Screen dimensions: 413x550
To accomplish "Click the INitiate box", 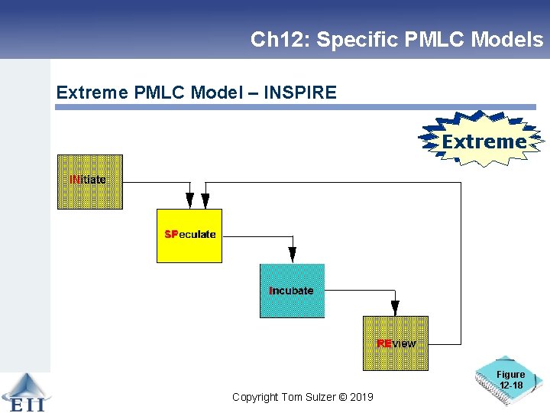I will click(89, 182).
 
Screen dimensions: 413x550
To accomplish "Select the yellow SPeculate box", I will click(189, 236).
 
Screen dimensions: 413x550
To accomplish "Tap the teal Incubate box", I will click(292, 291).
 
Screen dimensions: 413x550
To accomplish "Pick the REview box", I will click(396, 343).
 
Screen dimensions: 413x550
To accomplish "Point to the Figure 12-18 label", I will click(510, 379).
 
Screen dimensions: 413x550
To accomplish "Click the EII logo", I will click(23, 393).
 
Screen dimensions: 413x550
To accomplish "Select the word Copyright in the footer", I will click(257, 397).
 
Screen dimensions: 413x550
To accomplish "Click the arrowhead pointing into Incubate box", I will click(292, 257).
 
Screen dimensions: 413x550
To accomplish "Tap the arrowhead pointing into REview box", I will click(395, 309).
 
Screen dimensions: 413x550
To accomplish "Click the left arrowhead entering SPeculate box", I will click(189, 202).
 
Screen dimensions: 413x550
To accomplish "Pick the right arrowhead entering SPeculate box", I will click(205, 202).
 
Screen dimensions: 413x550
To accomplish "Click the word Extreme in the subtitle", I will click(91, 93).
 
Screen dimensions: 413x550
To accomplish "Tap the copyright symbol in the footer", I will click(342, 397).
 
